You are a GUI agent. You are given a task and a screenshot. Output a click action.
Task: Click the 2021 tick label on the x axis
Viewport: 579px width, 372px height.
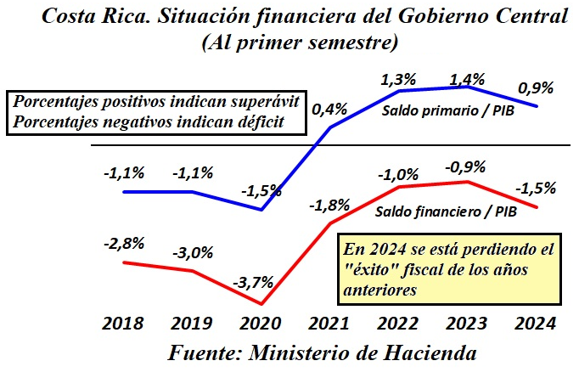coord(329,324)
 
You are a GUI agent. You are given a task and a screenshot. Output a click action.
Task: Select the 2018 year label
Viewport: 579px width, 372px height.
coord(124,324)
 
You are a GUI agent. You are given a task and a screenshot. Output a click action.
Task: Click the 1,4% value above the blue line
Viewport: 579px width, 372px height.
coord(466,79)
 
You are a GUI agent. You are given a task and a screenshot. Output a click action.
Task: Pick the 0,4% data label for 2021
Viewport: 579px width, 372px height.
coord(329,110)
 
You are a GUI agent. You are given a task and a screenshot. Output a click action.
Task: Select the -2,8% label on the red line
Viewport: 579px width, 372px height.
coord(124,243)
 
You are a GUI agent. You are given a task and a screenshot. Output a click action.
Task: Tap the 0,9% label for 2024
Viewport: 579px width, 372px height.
coord(535,87)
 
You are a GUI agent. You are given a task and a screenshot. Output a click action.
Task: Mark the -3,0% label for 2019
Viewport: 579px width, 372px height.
coord(192,253)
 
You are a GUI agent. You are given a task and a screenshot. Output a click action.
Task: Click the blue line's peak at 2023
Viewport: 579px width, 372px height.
coord(466,87)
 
